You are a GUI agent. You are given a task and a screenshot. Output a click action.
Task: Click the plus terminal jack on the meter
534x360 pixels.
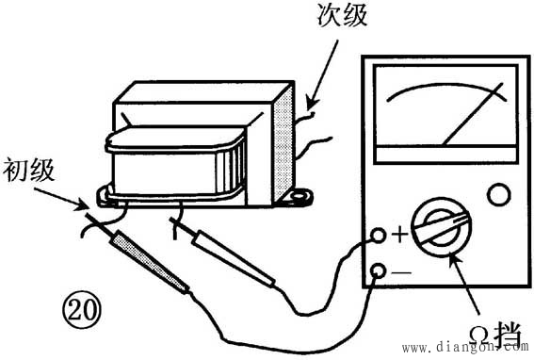[377, 236]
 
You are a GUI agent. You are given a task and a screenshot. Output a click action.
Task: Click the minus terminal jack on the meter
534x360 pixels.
[377, 273]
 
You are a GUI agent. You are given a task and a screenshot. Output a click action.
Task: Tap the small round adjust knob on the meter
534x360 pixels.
[497, 195]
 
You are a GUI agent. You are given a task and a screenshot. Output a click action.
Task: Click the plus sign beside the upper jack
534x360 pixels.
[396, 235]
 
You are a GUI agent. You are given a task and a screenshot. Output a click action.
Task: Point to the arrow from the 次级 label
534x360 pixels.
[316, 71]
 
